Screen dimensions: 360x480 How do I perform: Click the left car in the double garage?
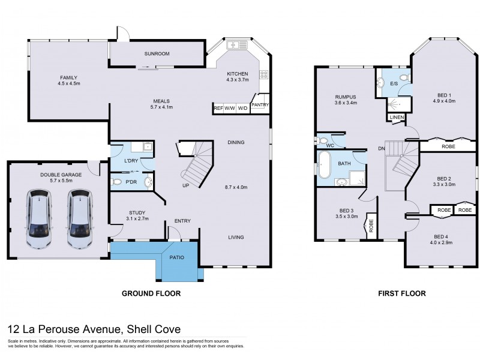(x=38, y=219)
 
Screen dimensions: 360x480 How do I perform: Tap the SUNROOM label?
(x=157, y=54)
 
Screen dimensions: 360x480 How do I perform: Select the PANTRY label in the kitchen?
(x=260, y=105)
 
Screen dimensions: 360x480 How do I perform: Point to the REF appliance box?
(x=218, y=108)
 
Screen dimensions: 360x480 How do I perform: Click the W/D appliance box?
(x=242, y=108)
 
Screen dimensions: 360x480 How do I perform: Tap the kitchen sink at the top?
(x=238, y=44)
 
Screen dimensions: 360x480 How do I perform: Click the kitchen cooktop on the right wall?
(x=263, y=75)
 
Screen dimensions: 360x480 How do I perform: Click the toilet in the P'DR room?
(x=117, y=182)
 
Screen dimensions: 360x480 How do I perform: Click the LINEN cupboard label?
(x=395, y=118)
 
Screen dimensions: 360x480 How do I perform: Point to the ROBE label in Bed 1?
(x=448, y=146)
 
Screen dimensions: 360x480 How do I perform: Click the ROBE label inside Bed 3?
(x=371, y=226)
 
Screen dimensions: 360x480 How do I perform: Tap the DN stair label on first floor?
(x=381, y=148)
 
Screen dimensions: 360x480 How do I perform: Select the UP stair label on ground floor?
(x=186, y=185)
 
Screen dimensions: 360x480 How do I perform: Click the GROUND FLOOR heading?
(x=151, y=294)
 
